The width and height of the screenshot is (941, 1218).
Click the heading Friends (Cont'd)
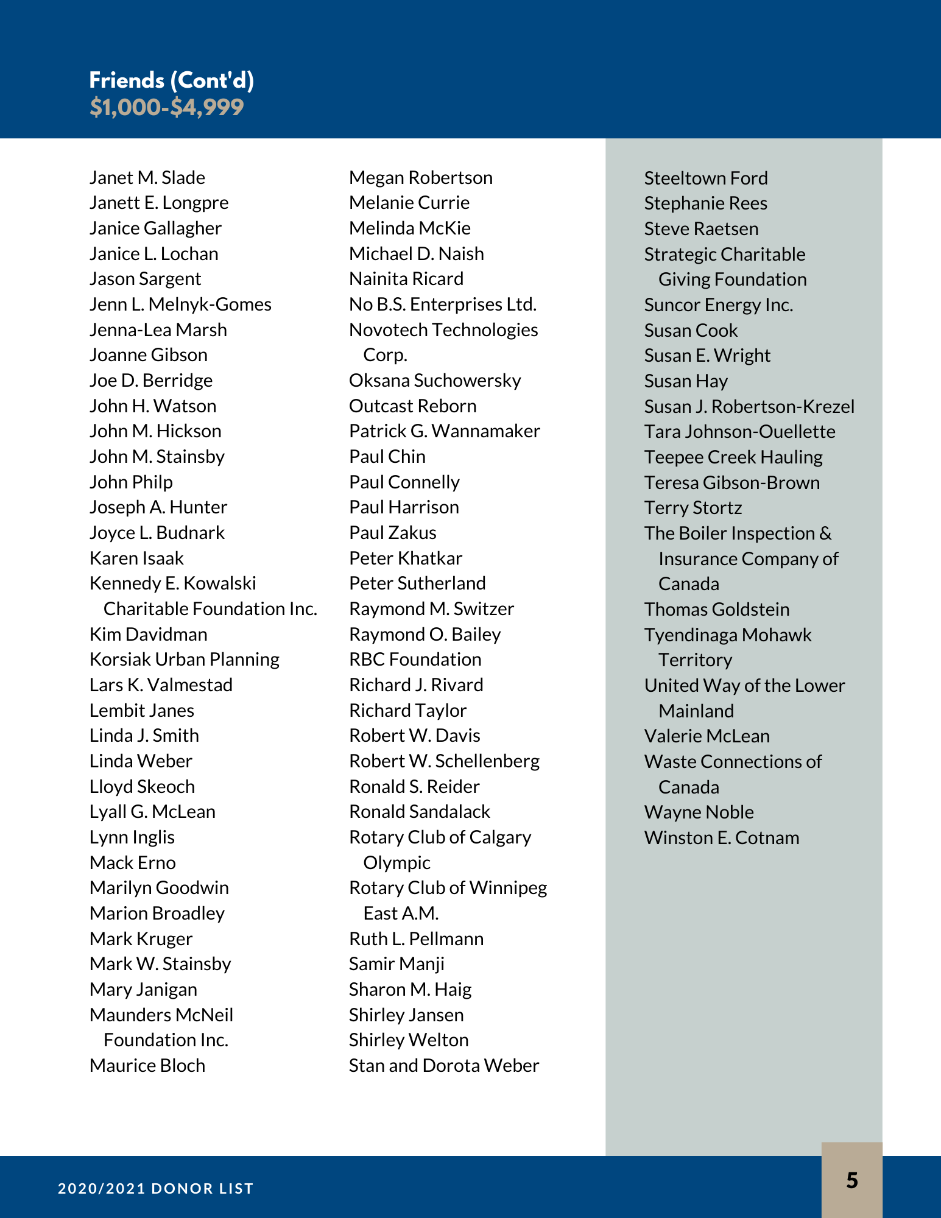pos(171,80)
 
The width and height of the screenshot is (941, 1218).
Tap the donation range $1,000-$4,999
pos(166,107)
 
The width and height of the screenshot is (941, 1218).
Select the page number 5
pos(851,1180)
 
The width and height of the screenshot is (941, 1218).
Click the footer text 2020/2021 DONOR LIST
pos(155,1188)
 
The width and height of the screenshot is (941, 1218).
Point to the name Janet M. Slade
pos(147,178)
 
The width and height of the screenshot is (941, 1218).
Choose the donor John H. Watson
pos(153,406)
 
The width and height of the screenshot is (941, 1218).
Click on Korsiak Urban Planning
pos(184,660)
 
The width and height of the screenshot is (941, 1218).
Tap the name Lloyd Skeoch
pos(142,786)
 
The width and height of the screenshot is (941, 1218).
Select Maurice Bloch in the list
pos(147,1065)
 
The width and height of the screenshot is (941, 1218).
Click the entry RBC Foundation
pos(415,660)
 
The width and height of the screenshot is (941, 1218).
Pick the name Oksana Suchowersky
pos(435,381)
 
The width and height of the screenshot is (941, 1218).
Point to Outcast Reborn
pos(412,406)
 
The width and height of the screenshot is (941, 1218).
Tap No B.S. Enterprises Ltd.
pos(442,304)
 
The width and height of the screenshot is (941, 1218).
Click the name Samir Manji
pos(396,964)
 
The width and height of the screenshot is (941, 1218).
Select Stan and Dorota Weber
pos(443,1065)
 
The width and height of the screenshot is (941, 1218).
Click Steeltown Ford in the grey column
pos(705,178)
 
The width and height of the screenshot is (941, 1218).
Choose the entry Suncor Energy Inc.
pos(718,305)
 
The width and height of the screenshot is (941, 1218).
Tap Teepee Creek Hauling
pos(733,457)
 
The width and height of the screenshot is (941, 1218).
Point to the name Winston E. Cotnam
pos(721,838)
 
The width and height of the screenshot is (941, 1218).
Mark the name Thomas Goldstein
pos(716,610)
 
